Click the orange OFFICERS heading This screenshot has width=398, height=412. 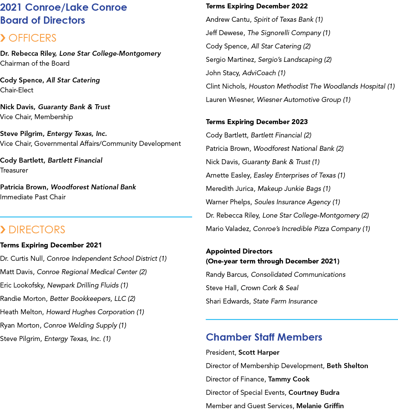pyautogui.click(x=32, y=38)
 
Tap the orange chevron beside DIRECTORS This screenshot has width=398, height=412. pyautogui.click(x=3, y=229)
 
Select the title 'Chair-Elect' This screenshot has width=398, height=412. pyautogui.click(x=17, y=90)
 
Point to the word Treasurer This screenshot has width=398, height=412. pyautogui.click(x=14, y=170)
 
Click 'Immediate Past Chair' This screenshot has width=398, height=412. pyautogui.click(x=33, y=197)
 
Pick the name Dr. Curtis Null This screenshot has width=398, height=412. pyautogui.click(x=21, y=259)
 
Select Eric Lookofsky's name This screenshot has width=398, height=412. pyautogui.click(x=22, y=285)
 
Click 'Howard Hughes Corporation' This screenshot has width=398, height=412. pyautogui.click(x=91, y=312)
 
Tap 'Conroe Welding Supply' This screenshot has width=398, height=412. pyautogui.click(x=80, y=326)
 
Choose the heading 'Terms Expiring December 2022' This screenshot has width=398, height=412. pyautogui.click(x=257, y=6)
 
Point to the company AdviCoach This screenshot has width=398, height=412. pyautogui.click(x=259, y=73)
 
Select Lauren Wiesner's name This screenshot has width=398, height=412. pyautogui.click(x=230, y=100)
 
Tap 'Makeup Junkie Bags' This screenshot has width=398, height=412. pyautogui.click(x=289, y=189)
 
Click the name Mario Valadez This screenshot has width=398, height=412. pyautogui.click(x=227, y=229)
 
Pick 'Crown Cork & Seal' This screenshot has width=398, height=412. pyautogui.click(x=269, y=288)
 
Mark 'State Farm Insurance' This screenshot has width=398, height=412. pyautogui.click(x=285, y=301)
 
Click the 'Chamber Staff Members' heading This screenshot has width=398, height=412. pyautogui.click(x=264, y=337)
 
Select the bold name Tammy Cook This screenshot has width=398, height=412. pyautogui.click(x=289, y=379)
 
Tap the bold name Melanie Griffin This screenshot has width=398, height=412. pyautogui.click(x=320, y=406)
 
